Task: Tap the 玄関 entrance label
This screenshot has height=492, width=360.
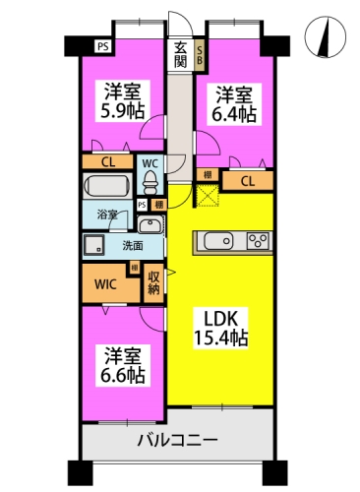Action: point(181,54)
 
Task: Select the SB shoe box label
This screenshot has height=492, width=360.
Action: point(200,54)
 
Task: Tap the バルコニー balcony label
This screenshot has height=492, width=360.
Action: point(178,440)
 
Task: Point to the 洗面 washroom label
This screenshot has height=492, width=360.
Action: point(133,246)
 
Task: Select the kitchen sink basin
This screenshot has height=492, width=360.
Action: point(217,241)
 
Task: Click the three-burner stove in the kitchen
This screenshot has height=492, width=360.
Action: point(258,241)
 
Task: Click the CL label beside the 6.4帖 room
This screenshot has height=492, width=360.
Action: point(247,180)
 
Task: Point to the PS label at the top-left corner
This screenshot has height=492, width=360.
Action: point(102,44)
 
